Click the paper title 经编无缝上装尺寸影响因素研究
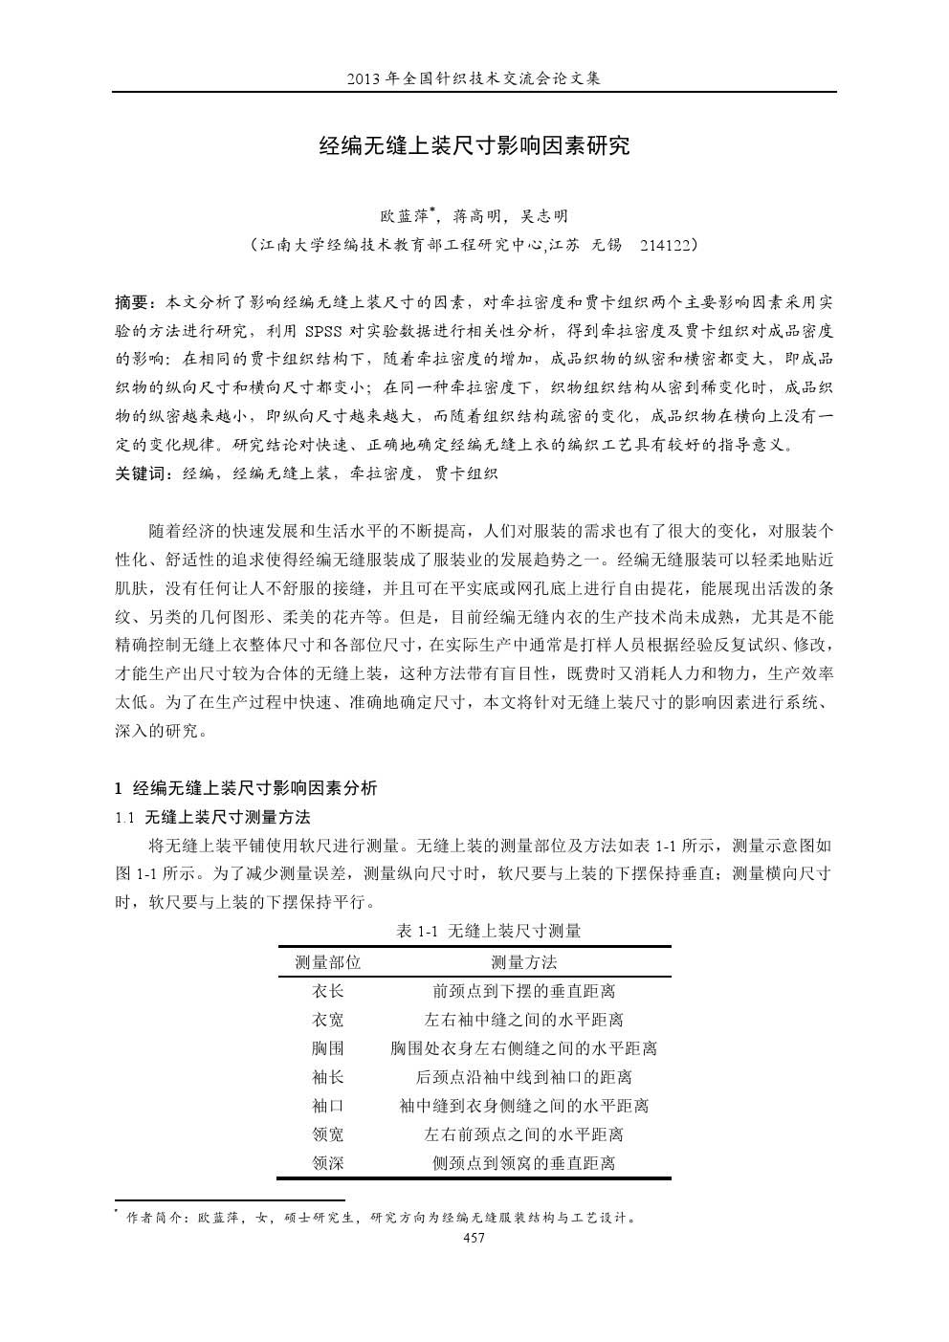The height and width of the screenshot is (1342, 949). click(474, 147)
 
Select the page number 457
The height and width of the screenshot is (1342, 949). click(474, 1238)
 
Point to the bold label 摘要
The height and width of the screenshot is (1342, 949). click(133, 303)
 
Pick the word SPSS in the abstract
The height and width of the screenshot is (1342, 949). click(327, 332)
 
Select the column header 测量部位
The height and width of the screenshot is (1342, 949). click(328, 962)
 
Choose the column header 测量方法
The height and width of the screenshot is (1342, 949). click(523, 962)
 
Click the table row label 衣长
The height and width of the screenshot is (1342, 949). click(328, 992)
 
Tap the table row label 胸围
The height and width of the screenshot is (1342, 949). click(328, 1049)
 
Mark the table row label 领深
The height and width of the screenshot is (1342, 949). click(328, 1164)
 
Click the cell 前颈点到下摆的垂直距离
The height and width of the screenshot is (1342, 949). click(523, 992)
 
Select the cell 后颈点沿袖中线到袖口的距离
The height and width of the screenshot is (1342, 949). click(523, 1078)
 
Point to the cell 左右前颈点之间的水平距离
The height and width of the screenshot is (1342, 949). click(523, 1135)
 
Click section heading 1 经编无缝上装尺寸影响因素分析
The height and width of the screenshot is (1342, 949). click(246, 788)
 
